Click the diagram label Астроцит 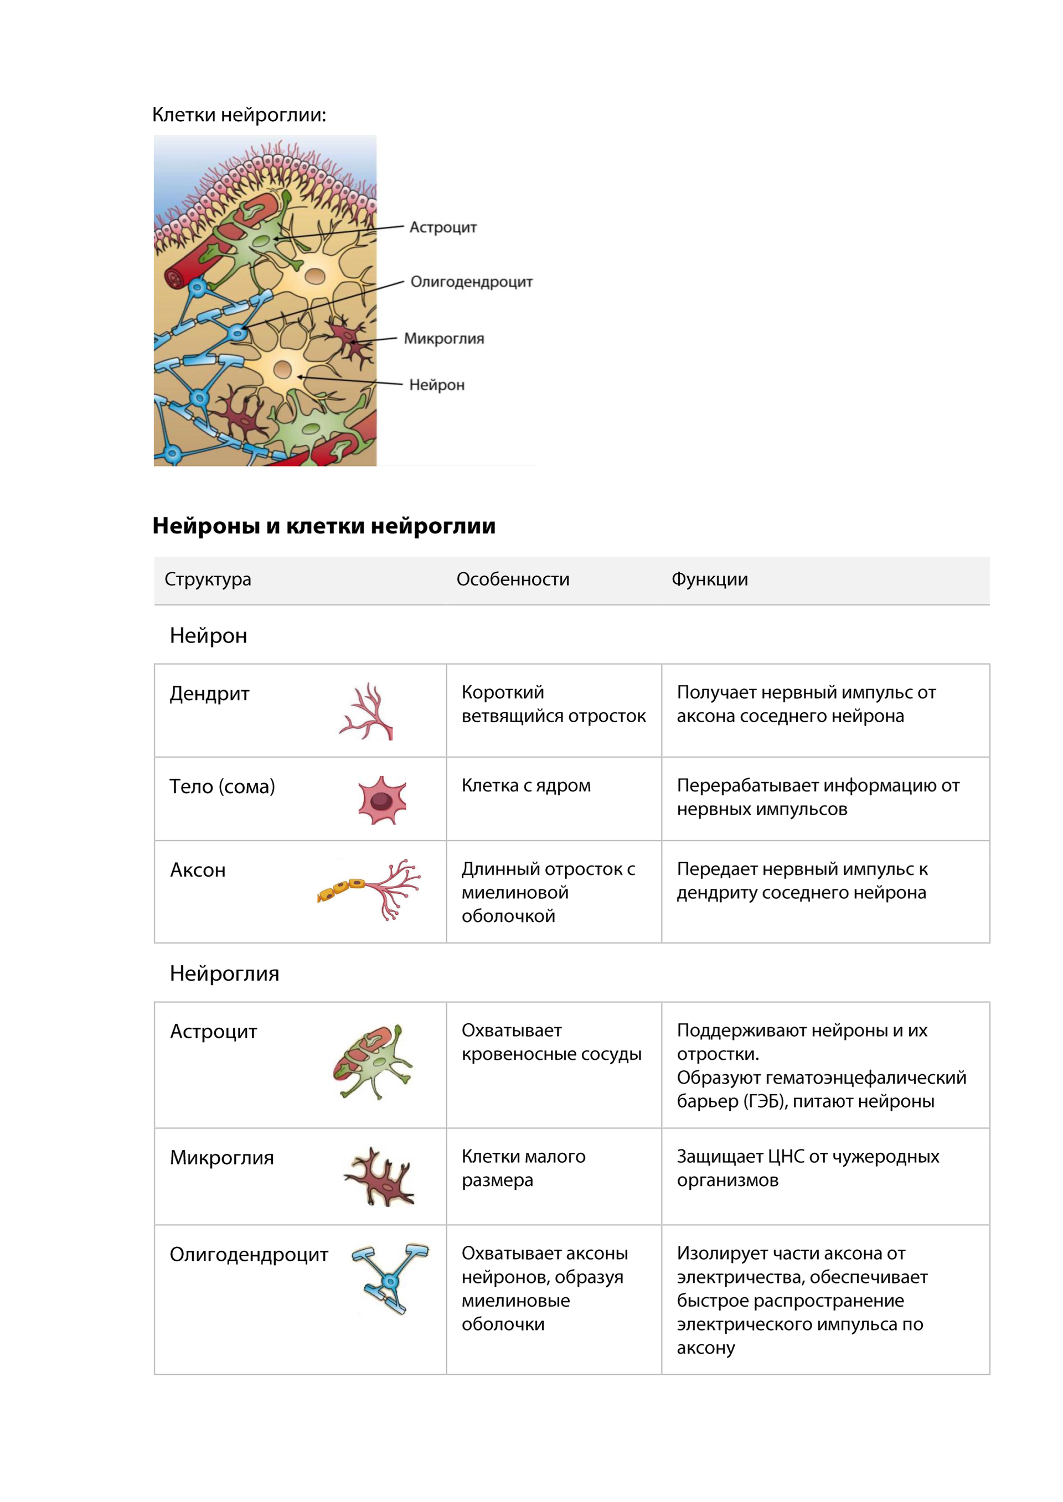(x=442, y=227)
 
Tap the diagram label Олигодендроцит (x=471, y=282)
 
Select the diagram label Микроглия (x=444, y=338)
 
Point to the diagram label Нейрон (x=437, y=385)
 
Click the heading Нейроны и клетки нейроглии (x=324, y=526)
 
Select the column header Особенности (x=513, y=579)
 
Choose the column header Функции (x=710, y=579)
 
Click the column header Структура (x=208, y=579)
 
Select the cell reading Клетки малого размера (x=523, y=1168)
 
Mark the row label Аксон (x=198, y=870)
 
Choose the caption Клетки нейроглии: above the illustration (x=239, y=115)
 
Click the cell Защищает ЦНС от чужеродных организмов (x=807, y=1168)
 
